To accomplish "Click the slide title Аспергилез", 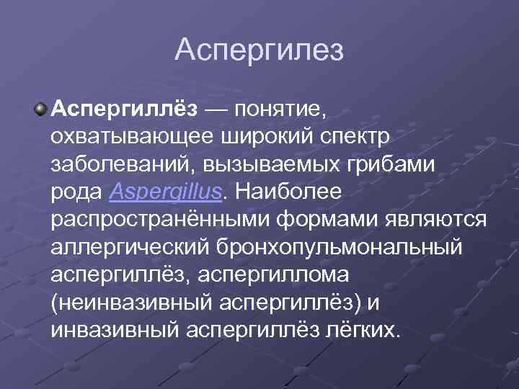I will [259, 51].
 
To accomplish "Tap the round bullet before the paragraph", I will [40, 109].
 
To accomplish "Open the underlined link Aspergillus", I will [167, 192].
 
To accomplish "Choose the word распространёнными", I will [154, 219].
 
